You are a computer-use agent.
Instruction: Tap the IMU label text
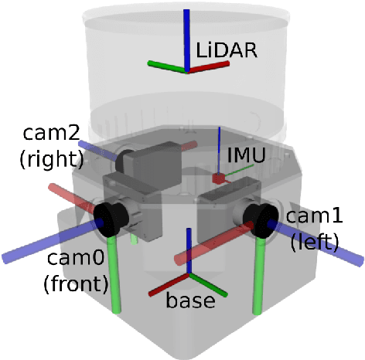(245, 155)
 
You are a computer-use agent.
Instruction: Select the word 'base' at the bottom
(190, 301)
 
